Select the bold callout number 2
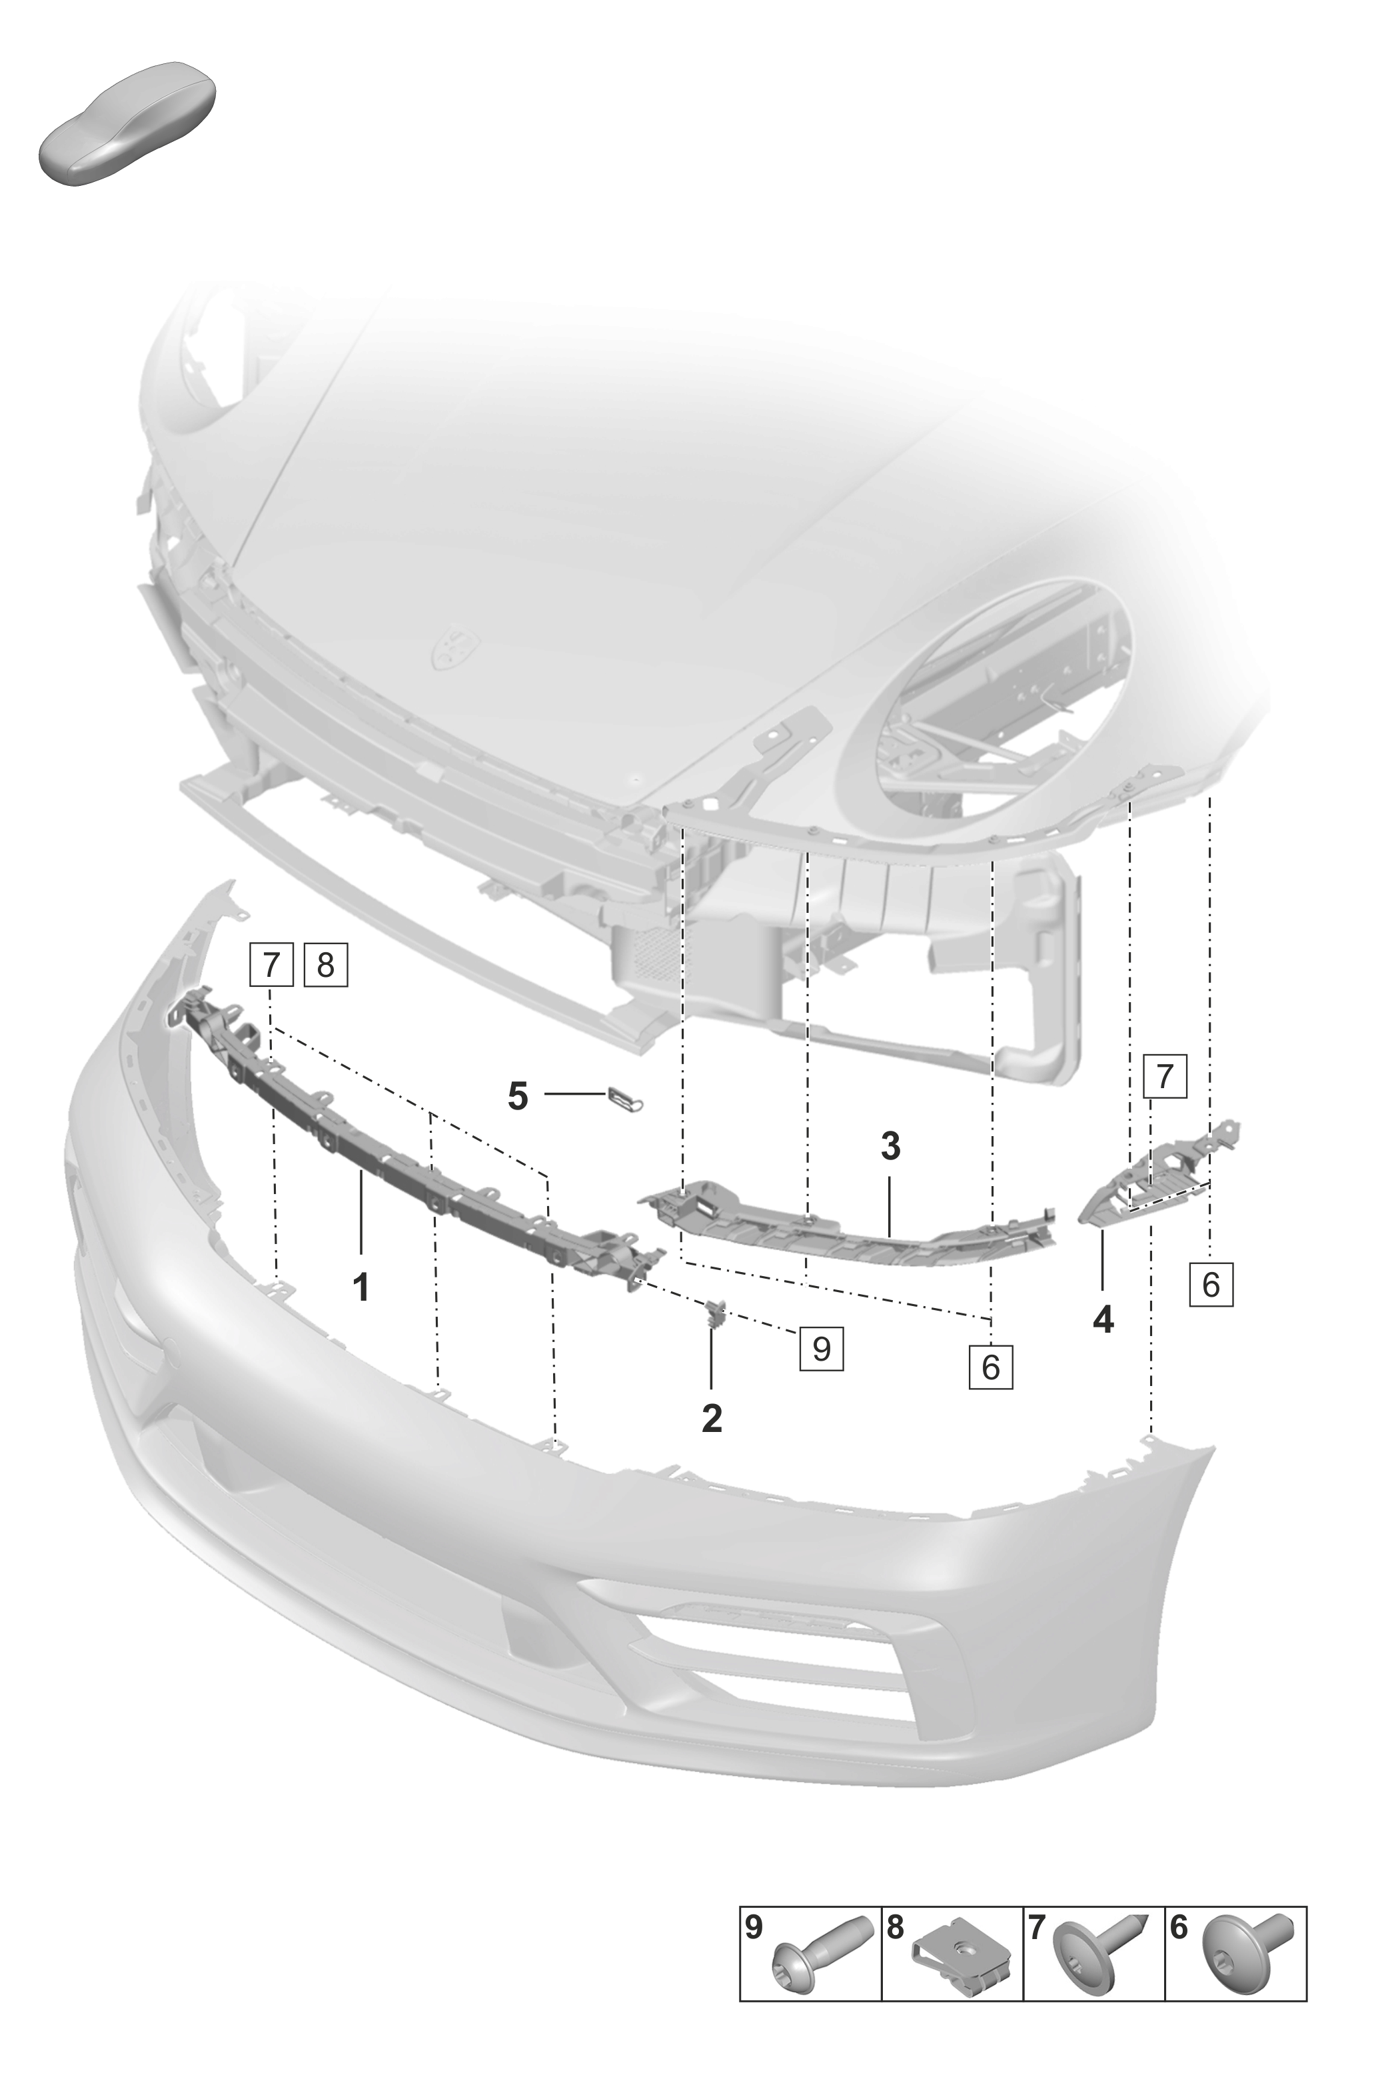point(712,1417)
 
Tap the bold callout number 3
point(890,1146)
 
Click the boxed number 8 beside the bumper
point(325,965)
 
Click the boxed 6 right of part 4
point(1211,1285)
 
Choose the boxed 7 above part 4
point(1165,1076)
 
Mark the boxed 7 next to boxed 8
point(271,965)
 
